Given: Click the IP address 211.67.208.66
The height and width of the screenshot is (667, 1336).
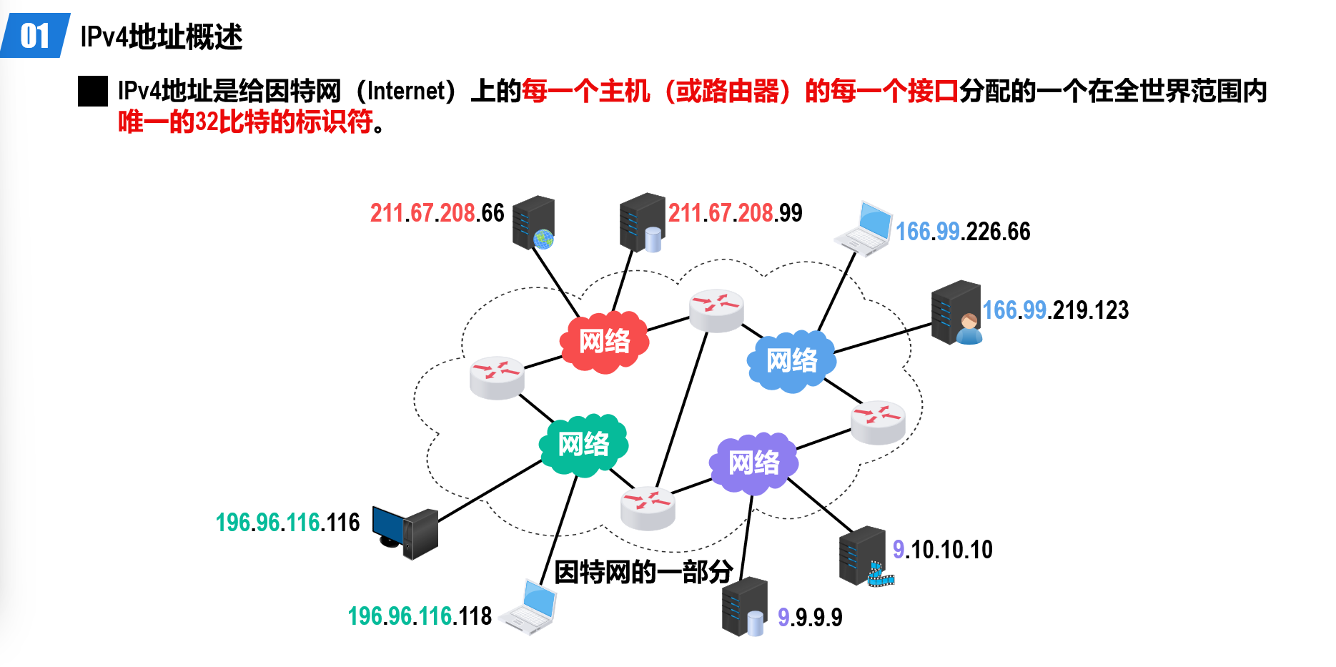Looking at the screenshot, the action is [437, 213].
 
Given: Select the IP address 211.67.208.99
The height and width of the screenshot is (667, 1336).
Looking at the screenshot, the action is [735, 213].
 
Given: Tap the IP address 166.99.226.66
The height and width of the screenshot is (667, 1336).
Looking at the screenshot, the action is [963, 232].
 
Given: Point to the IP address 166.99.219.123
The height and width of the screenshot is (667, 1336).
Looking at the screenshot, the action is [1055, 310].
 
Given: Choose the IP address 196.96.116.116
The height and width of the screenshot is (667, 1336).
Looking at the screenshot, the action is [287, 523].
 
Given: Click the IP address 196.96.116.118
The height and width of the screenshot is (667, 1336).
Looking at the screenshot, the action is [420, 616].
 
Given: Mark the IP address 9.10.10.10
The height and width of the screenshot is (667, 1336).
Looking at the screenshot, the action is [942, 550].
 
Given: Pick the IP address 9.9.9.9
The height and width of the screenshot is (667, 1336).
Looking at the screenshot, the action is [810, 618].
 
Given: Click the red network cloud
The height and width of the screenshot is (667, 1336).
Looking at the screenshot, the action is [605, 341].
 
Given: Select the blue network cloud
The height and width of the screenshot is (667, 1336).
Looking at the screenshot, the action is [791, 360].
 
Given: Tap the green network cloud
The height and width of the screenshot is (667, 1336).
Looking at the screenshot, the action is [583, 444].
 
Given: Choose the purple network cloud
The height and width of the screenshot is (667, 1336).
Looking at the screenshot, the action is [753, 463].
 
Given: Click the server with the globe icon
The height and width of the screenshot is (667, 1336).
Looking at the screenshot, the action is [534, 222].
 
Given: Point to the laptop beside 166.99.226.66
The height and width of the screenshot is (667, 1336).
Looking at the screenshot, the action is [864, 228].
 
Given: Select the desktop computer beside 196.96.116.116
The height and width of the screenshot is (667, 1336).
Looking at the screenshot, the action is [405, 533].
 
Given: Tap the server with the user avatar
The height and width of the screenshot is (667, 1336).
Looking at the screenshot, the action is [956, 312].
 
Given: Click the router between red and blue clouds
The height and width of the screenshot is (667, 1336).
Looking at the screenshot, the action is [716, 310].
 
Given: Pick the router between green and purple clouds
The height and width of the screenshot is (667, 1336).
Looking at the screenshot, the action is [648, 508].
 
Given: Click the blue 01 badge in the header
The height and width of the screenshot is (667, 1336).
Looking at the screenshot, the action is [35, 36].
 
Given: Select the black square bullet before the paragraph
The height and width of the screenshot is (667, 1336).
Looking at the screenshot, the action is [93, 92].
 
